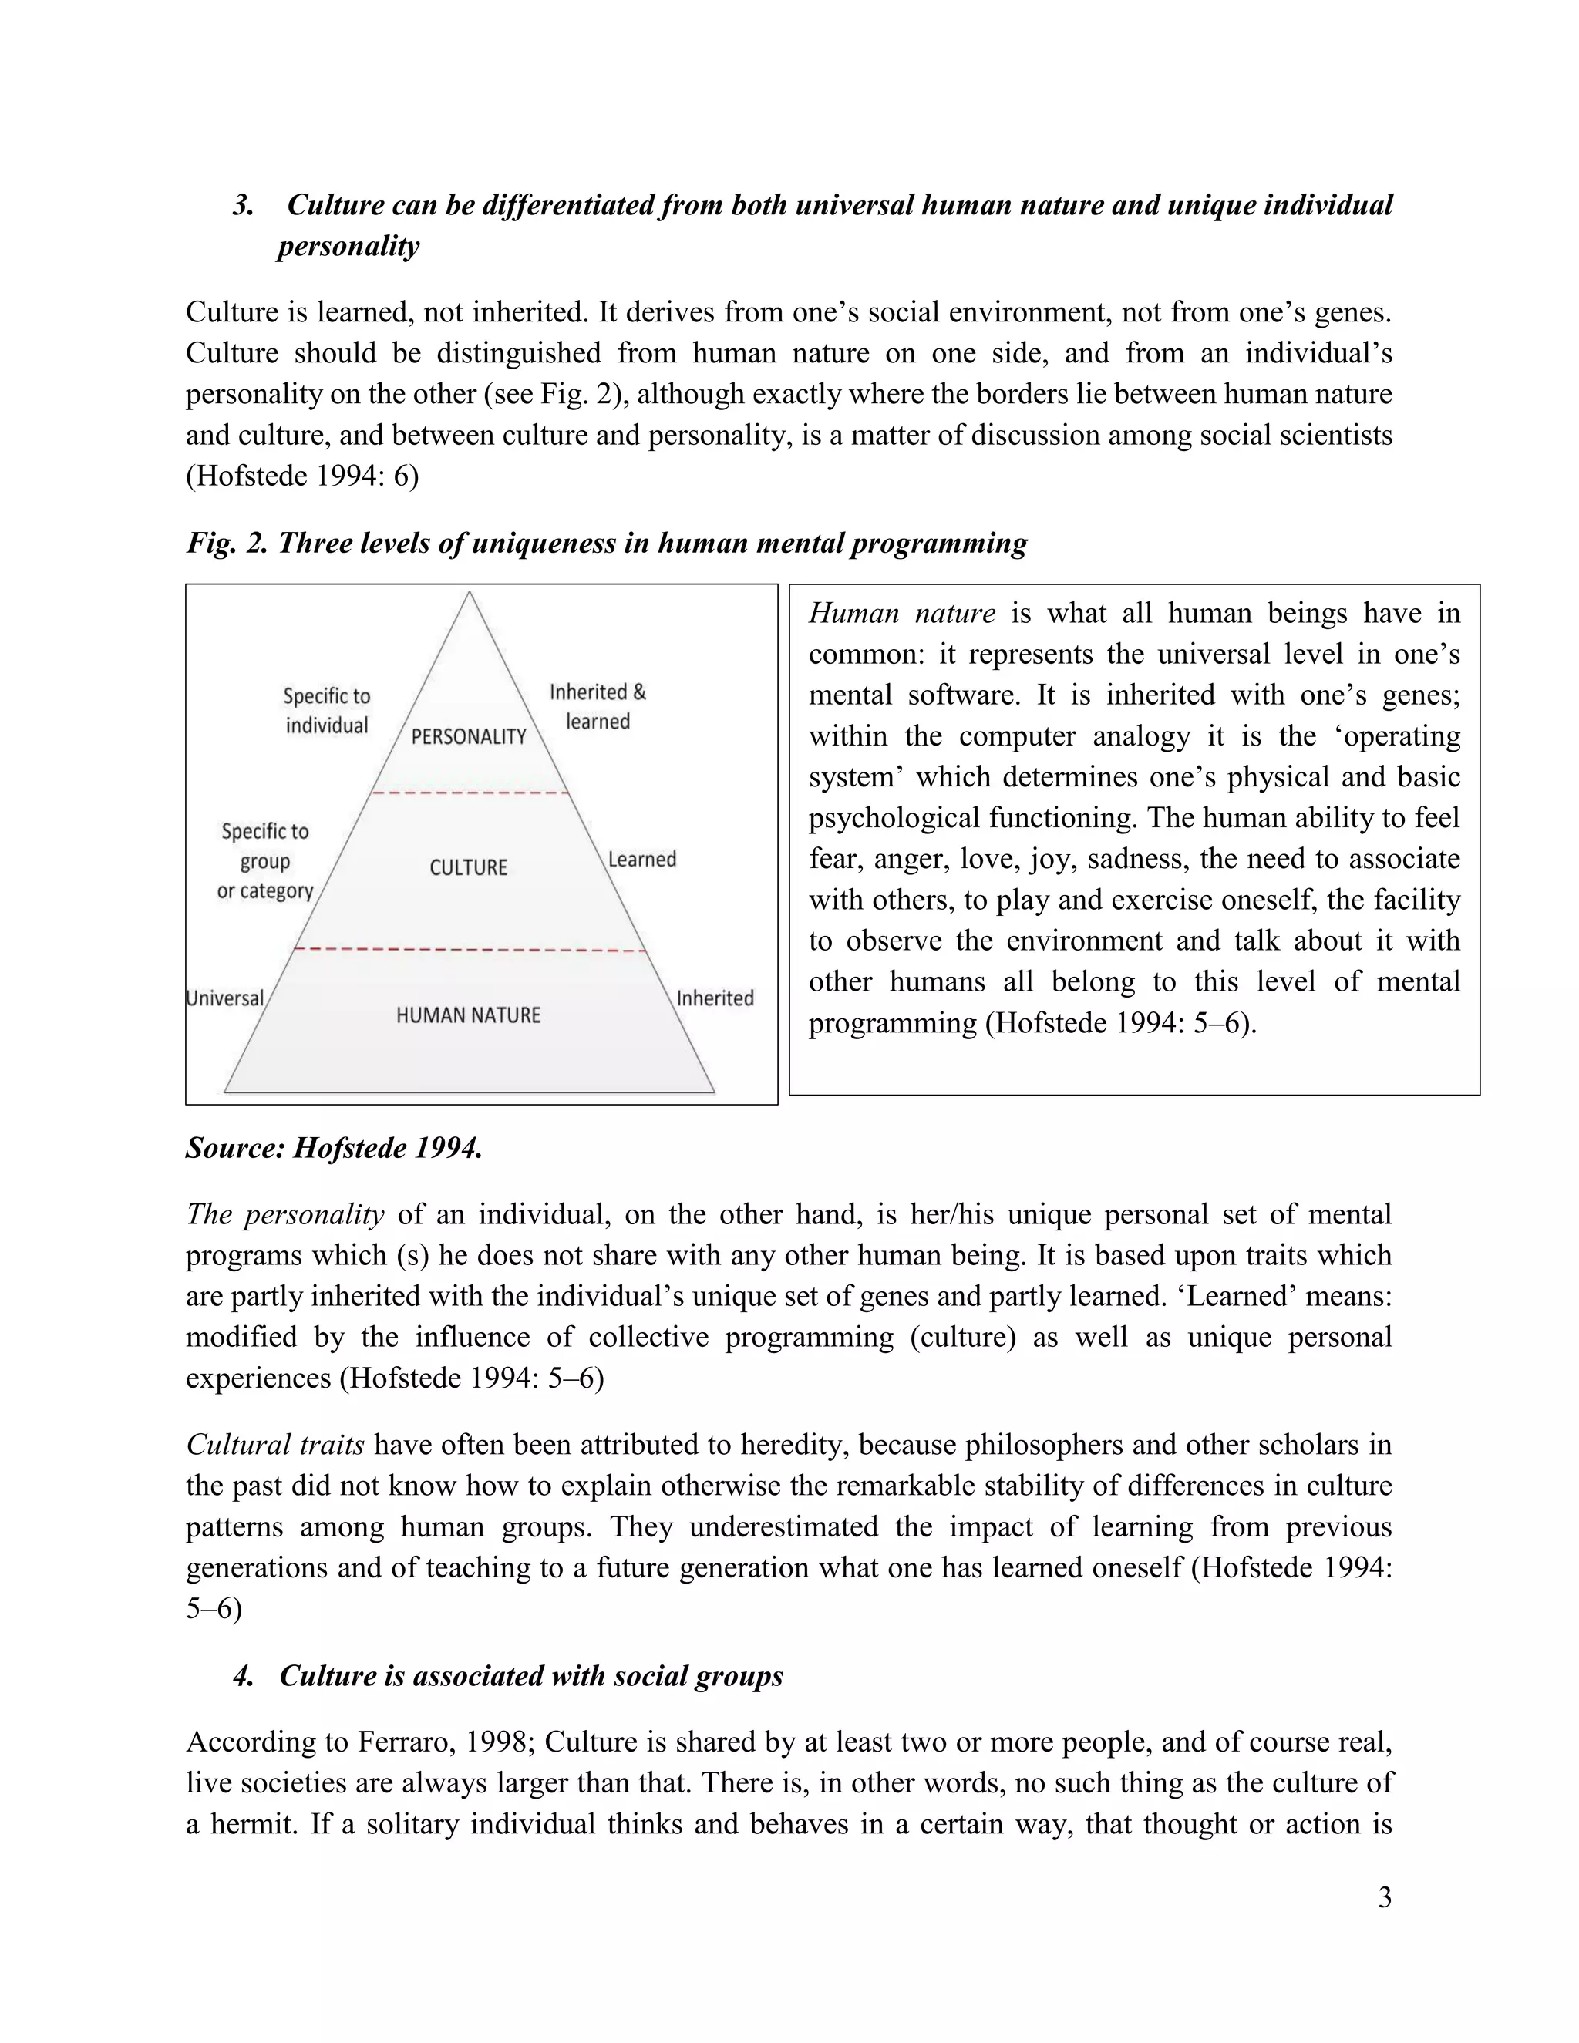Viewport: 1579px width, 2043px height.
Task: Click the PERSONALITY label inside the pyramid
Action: (x=469, y=737)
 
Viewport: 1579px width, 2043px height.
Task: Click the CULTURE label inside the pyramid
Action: (x=469, y=867)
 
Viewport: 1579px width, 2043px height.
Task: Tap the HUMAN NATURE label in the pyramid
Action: (x=469, y=1015)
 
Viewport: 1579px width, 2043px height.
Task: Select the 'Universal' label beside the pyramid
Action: (x=225, y=998)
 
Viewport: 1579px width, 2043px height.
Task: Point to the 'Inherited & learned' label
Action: (x=598, y=706)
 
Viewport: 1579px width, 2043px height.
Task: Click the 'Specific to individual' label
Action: (x=326, y=710)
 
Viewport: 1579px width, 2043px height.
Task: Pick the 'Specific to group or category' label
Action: (x=264, y=860)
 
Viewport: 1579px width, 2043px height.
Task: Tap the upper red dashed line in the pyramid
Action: (x=470, y=793)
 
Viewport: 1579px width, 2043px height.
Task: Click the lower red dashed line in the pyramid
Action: (x=470, y=951)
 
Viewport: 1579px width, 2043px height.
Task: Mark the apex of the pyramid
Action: (x=469, y=594)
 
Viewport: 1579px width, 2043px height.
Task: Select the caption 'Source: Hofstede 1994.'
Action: (x=334, y=1148)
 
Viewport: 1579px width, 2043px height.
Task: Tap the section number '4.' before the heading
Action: (x=243, y=1675)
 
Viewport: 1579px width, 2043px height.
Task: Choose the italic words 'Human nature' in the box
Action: (x=902, y=613)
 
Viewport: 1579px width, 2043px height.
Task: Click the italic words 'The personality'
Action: (x=284, y=1214)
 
